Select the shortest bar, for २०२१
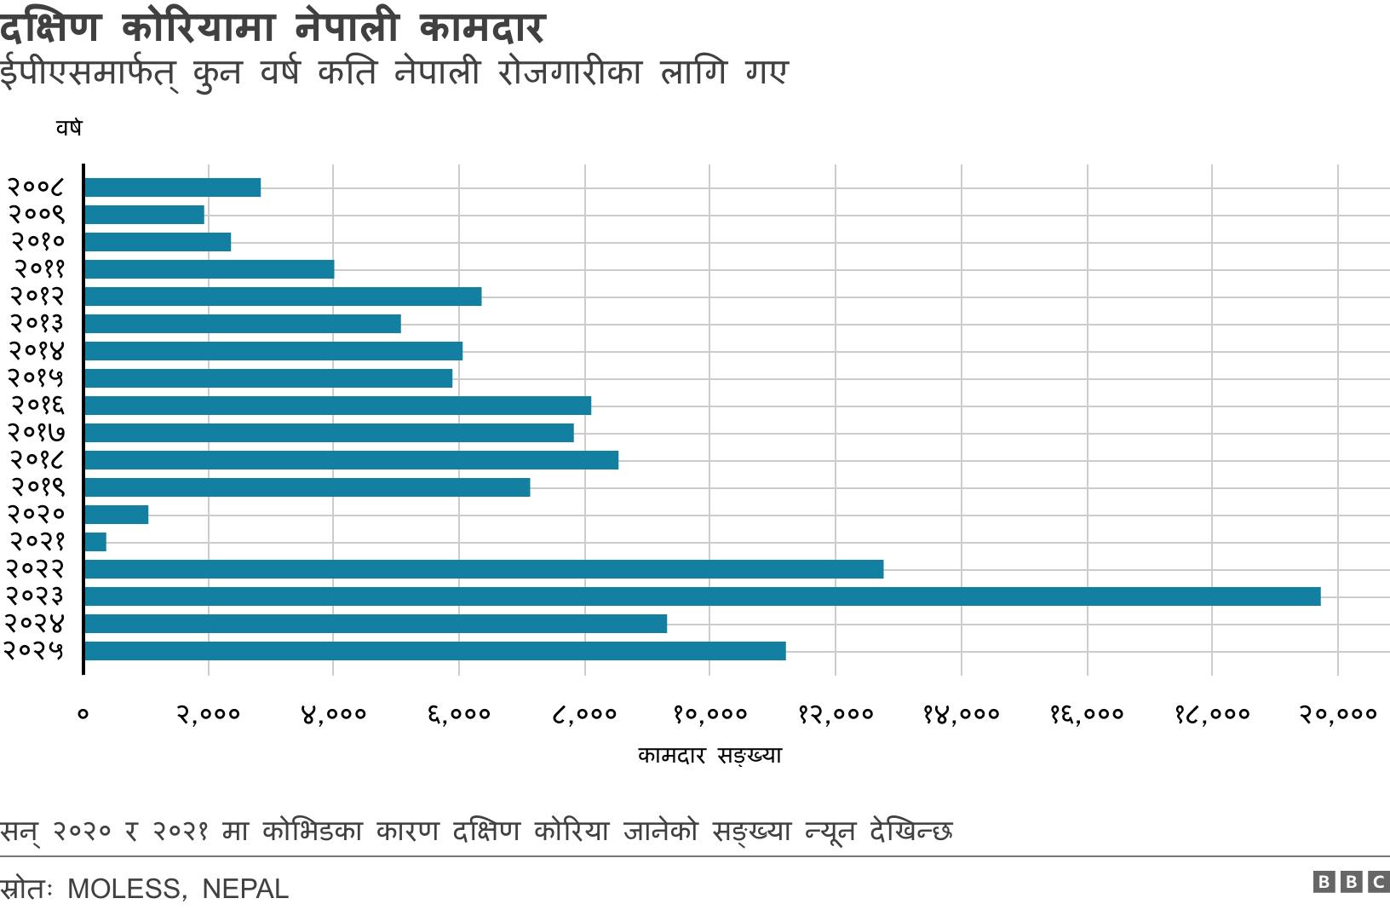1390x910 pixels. pyautogui.click(x=95, y=542)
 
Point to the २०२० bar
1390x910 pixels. pyautogui.click(x=117, y=515)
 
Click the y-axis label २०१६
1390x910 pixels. pyautogui.click(x=37, y=406)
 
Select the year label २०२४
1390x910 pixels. pyautogui.click(x=34, y=624)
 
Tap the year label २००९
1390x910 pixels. pyautogui.click(x=37, y=215)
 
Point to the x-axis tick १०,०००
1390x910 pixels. pyautogui.click(x=709, y=714)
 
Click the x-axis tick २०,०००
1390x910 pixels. pyautogui.click(x=1337, y=714)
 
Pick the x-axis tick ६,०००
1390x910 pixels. pyautogui.click(x=459, y=714)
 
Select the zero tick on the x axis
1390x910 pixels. pyautogui.click(x=83, y=714)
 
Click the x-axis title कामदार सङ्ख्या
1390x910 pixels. pyautogui.click(x=709, y=756)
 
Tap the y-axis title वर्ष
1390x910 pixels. pyautogui.click(x=69, y=128)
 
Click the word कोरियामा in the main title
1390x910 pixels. pyautogui.click(x=198, y=28)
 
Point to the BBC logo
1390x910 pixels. pyautogui.click(x=1350, y=882)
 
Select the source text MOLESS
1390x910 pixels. pyautogui.click(x=124, y=889)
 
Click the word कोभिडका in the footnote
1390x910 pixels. pyautogui.click(x=312, y=830)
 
